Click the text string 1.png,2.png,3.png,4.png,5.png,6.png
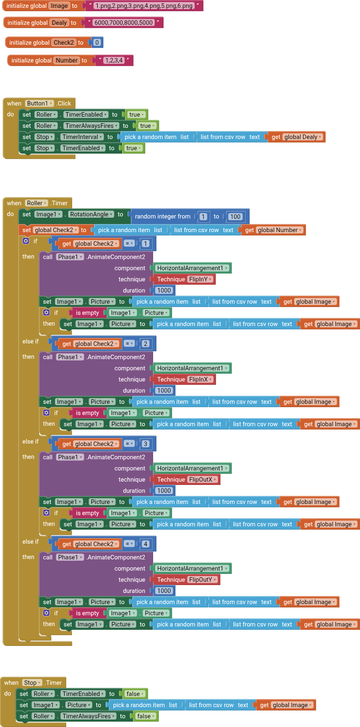[144, 6]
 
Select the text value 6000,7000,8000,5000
[123, 23]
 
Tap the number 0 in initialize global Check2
[97, 43]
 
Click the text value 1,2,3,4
[114, 60]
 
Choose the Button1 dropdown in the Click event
[40, 103]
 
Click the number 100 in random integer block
[235, 216]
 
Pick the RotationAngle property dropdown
[91, 214]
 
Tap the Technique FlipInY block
[185, 279]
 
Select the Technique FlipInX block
[185, 379]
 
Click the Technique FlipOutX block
[187, 480]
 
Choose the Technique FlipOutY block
[187, 580]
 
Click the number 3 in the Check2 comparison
[145, 444]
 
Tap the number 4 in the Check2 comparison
[145, 544]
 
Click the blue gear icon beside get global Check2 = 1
[26, 241]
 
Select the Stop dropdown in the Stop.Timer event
[32, 683]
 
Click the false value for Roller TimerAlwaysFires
[144, 716]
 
